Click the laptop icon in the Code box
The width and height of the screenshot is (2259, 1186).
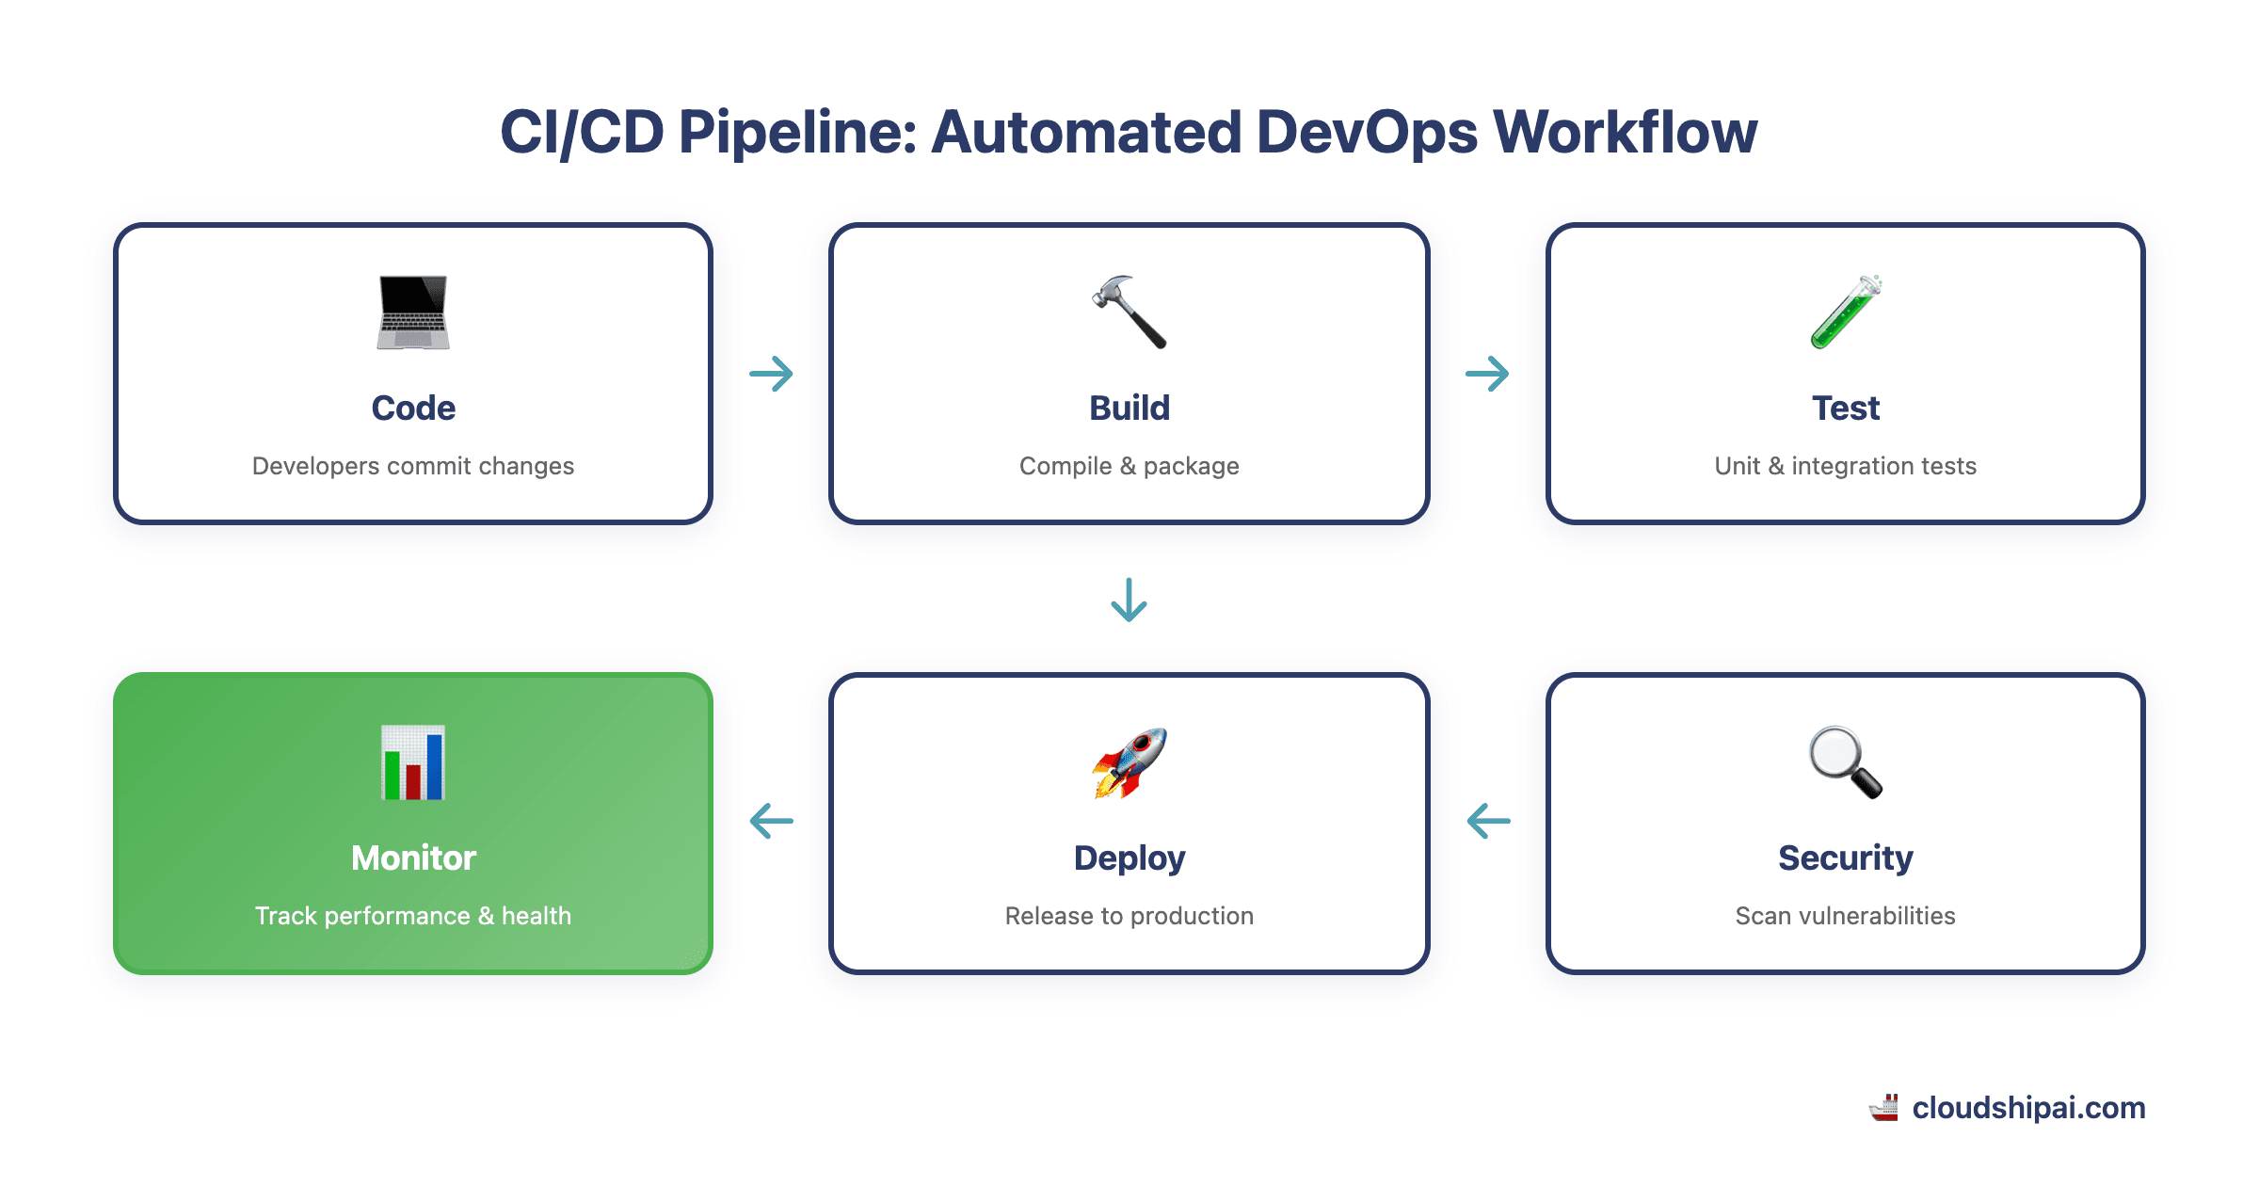[x=413, y=313]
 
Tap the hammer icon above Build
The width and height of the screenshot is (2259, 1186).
[x=1129, y=313]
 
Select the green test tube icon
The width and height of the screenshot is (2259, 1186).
[x=1845, y=313]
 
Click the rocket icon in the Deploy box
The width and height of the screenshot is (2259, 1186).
[x=1129, y=762]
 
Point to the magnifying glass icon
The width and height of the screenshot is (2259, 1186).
[x=1845, y=762]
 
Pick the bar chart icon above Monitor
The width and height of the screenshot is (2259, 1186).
[x=413, y=762]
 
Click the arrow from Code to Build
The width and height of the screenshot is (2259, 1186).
[x=771, y=374]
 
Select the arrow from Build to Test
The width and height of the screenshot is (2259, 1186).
[x=1487, y=374]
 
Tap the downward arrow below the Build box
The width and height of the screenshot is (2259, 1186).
[x=1129, y=600]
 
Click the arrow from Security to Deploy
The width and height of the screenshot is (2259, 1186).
[x=1488, y=821]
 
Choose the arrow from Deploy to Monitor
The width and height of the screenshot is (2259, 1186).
[x=771, y=821]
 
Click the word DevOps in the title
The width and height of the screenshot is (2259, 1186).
[x=1367, y=132]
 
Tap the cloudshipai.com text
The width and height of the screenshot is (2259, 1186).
[x=2028, y=1108]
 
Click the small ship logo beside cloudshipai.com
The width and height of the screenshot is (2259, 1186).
[x=1884, y=1108]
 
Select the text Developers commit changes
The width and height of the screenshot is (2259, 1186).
[x=413, y=466]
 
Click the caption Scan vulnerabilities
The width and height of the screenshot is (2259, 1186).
[x=1845, y=916]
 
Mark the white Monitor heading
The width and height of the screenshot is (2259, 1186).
[x=413, y=857]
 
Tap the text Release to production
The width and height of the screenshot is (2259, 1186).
[x=1129, y=916]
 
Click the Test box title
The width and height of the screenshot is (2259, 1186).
[x=1845, y=408]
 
